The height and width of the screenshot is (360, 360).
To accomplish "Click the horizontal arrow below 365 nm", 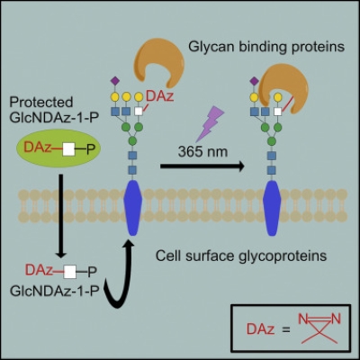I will click(x=192, y=166).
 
